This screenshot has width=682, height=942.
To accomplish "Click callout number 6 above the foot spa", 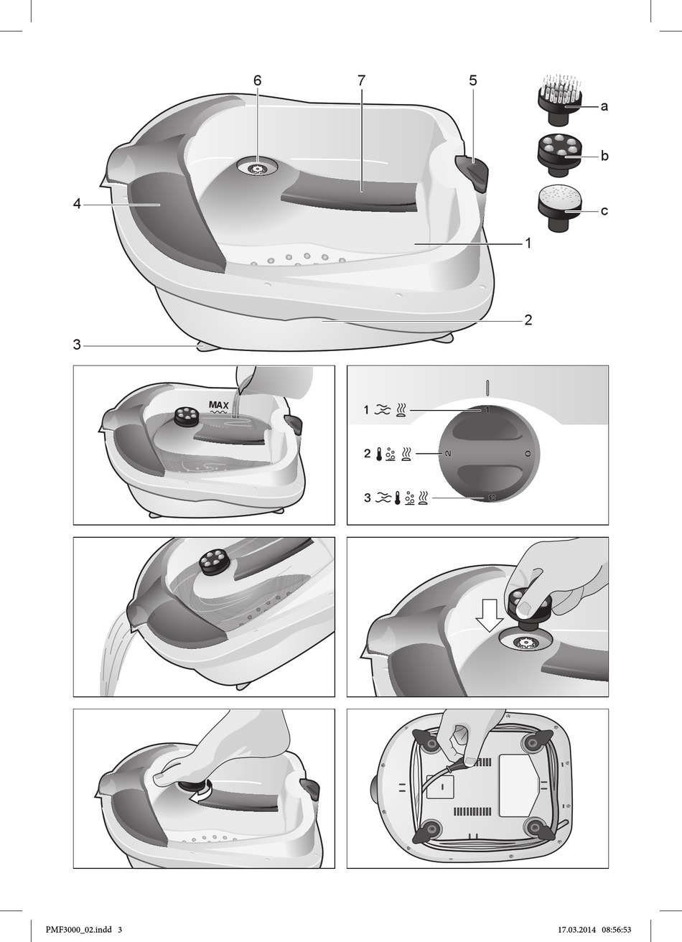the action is [x=257, y=80].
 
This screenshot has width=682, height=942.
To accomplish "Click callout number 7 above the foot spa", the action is [x=362, y=80].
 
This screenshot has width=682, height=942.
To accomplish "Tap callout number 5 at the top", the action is [x=473, y=80].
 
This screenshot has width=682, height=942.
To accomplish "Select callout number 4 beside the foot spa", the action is [x=77, y=205].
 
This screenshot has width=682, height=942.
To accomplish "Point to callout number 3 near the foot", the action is [x=77, y=345].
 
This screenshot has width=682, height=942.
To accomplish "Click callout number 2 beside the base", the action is [x=528, y=320].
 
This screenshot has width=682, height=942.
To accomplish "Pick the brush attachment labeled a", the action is [x=556, y=99].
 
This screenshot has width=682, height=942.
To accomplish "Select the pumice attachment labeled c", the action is [x=556, y=209].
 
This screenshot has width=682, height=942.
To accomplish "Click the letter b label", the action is [x=604, y=156].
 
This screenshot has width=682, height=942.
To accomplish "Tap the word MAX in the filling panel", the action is [x=219, y=406].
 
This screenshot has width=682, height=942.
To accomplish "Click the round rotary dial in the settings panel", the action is [x=488, y=454].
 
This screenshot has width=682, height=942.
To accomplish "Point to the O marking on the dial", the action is [x=528, y=454].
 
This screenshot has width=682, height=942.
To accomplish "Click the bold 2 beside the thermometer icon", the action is [x=368, y=454].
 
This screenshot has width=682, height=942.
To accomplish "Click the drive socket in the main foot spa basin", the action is [x=256, y=168].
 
